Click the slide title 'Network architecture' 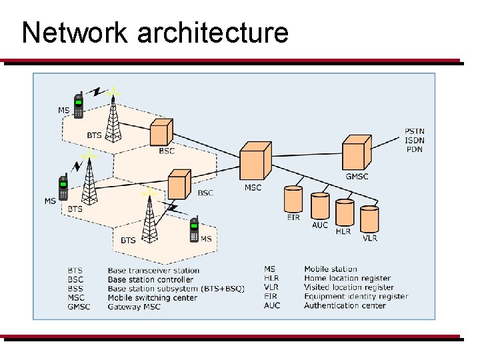155,32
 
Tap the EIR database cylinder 293,200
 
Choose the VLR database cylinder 369,219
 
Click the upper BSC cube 161,132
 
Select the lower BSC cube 179,184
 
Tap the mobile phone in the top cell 79,105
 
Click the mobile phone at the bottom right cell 194,230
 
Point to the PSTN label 414,131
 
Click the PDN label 414,149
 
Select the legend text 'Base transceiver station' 153,271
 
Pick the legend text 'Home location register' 347,278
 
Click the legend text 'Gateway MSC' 133,307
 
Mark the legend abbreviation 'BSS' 75,289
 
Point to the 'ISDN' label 414,140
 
